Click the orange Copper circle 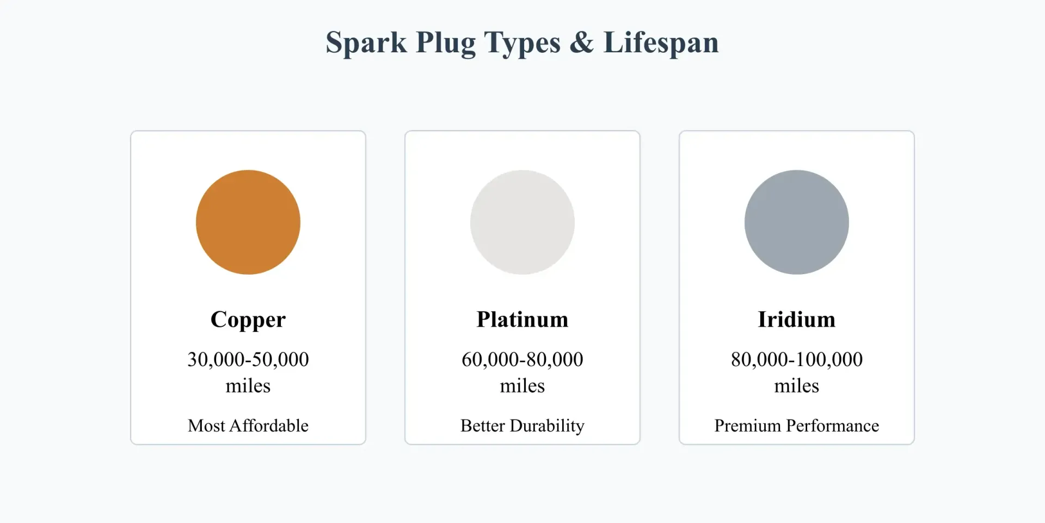248,222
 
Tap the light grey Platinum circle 522,222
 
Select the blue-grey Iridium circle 797,222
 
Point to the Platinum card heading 522,319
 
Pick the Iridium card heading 797,319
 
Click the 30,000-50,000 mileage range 248,360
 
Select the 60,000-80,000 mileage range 522,360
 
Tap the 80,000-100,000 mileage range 797,360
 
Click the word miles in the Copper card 248,386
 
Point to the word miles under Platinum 522,386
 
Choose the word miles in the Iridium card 797,386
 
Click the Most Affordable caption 248,425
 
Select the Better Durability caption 522,426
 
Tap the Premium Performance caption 797,425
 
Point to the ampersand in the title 582,42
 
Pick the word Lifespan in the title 661,43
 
